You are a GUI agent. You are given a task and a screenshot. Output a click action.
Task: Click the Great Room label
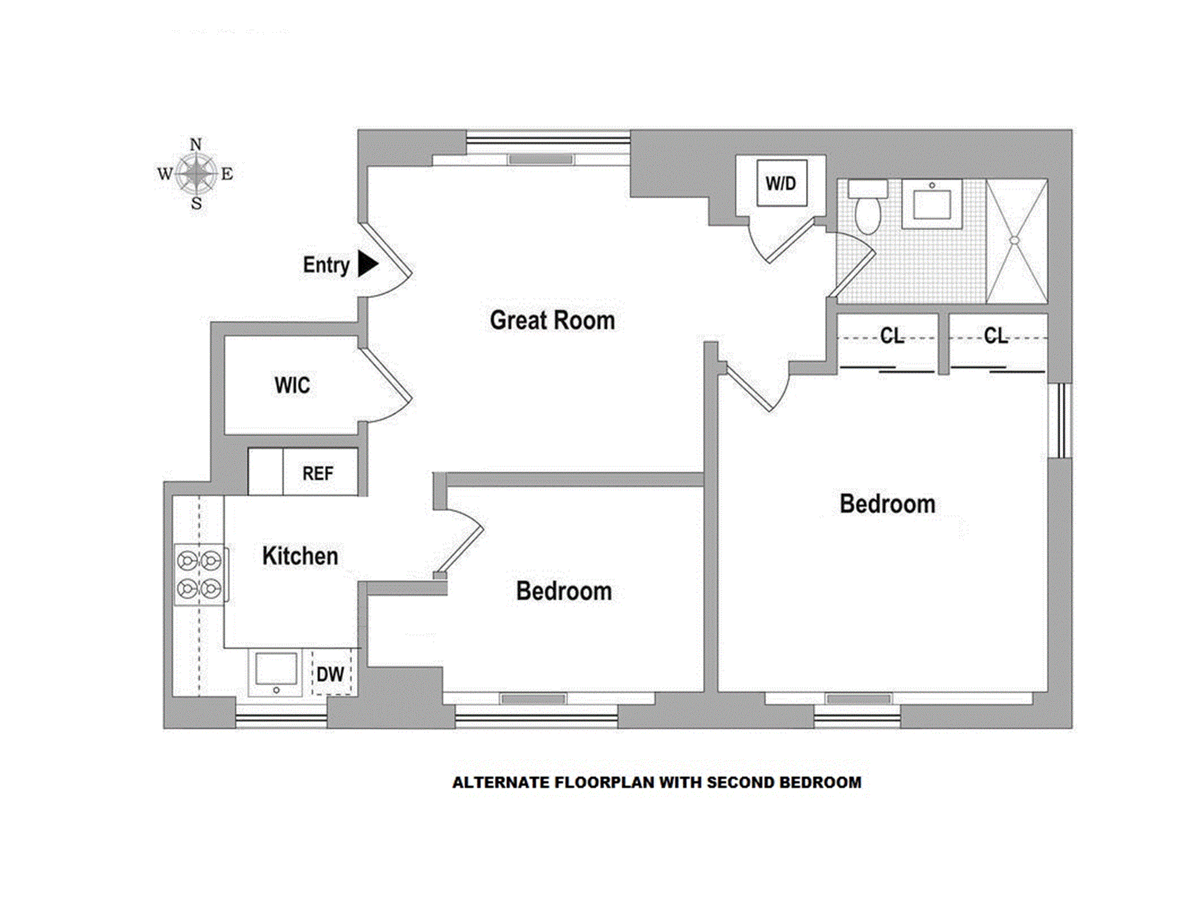pyautogui.click(x=552, y=320)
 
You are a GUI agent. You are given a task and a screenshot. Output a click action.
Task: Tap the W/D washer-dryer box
pyautogui.click(x=781, y=183)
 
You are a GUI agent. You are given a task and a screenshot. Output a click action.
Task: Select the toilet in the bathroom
pyautogui.click(x=868, y=207)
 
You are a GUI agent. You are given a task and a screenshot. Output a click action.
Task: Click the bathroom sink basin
pyautogui.click(x=932, y=204)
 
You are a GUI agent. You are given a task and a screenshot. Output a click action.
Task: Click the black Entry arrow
pyautogui.click(x=368, y=264)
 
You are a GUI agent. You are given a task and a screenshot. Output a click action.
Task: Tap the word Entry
pyautogui.click(x=326, y=265)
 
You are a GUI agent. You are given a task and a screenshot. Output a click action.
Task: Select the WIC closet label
pyautogui.click(x=292, y=385)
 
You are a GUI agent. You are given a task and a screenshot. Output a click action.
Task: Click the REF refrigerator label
pyautogui.click(x=318, y=473)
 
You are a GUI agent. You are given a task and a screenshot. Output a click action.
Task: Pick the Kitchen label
pyautogui.click(x=300, y=556)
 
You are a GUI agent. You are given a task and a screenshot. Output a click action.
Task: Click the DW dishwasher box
pyautogui.click(x=331, y=673)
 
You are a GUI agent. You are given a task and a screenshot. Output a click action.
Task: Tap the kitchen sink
pyautogui.click(x=276, y=672)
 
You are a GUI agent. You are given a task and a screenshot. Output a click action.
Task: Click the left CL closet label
pyautogui.click(x=892, y=336)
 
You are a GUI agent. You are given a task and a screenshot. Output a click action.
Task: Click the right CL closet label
pyautogui.click(x=996, y=336)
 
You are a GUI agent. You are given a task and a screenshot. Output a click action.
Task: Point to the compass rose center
pyautogui.click(x=196, y=173)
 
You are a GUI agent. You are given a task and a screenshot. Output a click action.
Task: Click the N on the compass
pyautogui.click(x=195, y=145)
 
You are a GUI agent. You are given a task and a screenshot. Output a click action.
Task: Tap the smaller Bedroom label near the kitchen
pyautogui.click(x=564, y=591)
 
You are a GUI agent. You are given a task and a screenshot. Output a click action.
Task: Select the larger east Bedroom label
pyautogui.click(x=887, y=504)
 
